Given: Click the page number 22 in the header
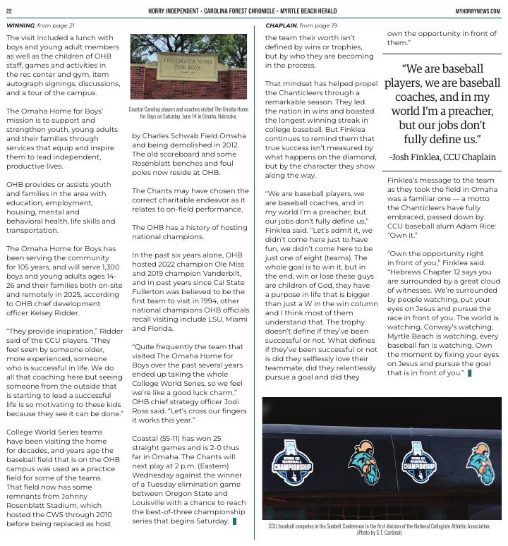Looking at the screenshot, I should point(9,11).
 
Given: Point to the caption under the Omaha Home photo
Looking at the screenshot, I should point(188,113).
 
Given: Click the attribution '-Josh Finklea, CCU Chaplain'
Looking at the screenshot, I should point(442,157).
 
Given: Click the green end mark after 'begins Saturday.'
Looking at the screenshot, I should point(234,521).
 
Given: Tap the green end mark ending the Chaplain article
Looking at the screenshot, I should point(469,372).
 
